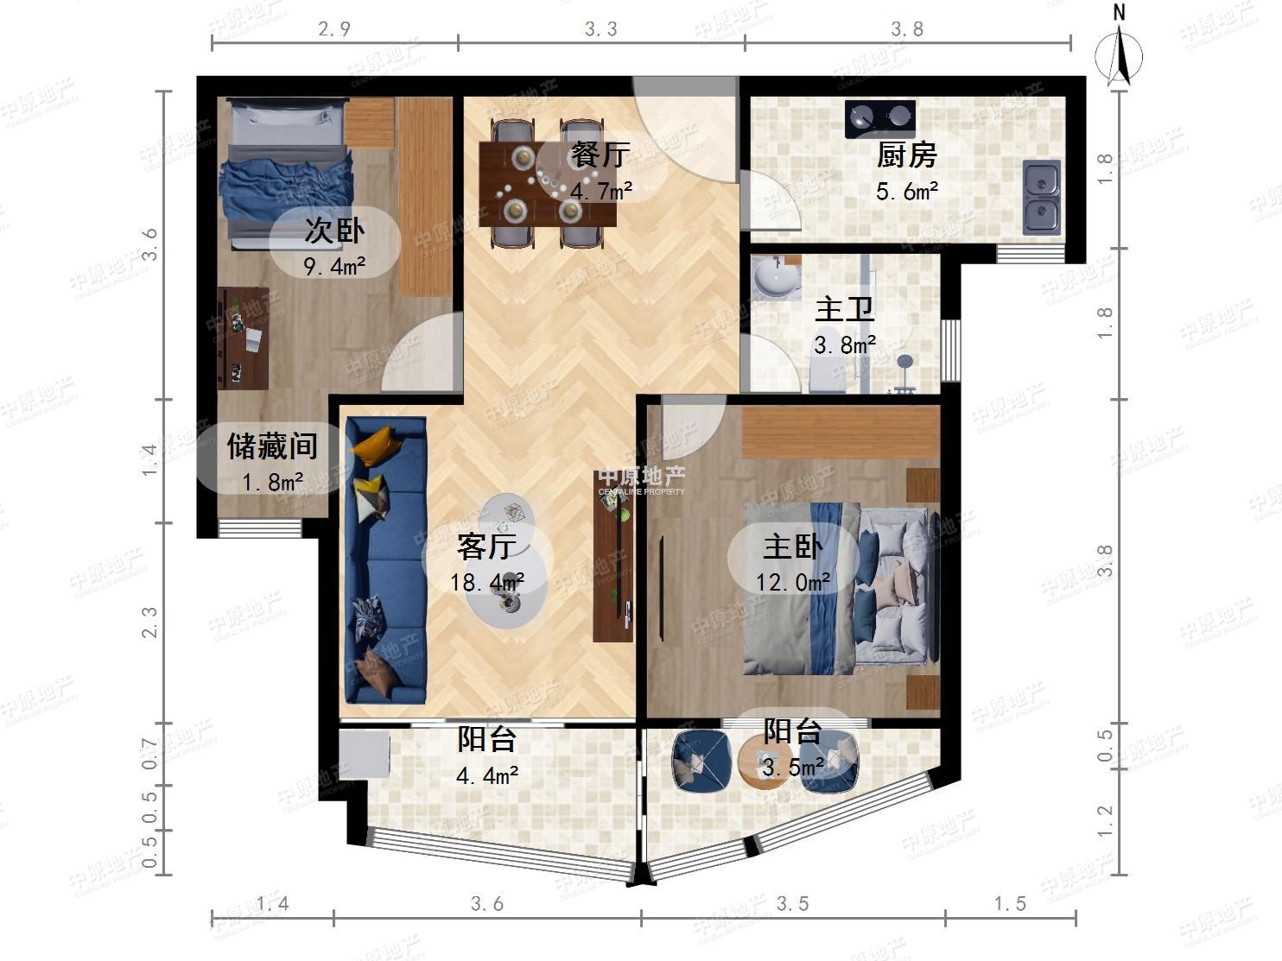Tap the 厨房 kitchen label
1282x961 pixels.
[906, 155]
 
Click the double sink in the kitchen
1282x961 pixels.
[1041, 198]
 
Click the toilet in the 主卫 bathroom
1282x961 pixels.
[828, 374]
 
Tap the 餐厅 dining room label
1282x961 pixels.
[601, 155]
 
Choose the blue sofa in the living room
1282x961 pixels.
[385, 560]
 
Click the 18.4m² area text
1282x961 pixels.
[486, 582]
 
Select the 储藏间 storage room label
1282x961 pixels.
[272, 446]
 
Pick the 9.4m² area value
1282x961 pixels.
[334, 266]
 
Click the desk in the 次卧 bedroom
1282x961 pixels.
[243, 338]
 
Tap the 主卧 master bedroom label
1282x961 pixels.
[793, 547]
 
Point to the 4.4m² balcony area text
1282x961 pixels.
[487, 775]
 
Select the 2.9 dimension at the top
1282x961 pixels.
[334, 28]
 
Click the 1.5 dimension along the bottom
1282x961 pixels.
[1010, 904]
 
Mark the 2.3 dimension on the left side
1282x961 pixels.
[149, 622]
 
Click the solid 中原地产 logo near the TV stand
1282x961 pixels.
[641, 481]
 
